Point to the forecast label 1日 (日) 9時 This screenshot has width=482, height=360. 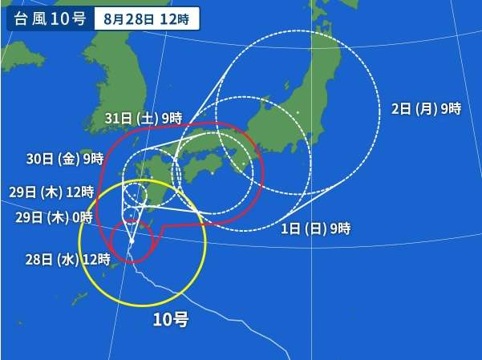pyautogui.click(x=317, y=229)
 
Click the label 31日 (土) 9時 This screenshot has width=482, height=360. pyautogui.click(x=144, y=118)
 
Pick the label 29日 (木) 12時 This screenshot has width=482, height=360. pyautogui.click(x=53, y=192)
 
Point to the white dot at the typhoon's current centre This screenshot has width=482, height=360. pyautogui.click(x=132, y=240)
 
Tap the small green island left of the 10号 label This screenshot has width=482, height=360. pyautogui.click(x=79, y=298)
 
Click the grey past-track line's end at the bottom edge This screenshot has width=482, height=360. pyautogui.click(x=291, y=356)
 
